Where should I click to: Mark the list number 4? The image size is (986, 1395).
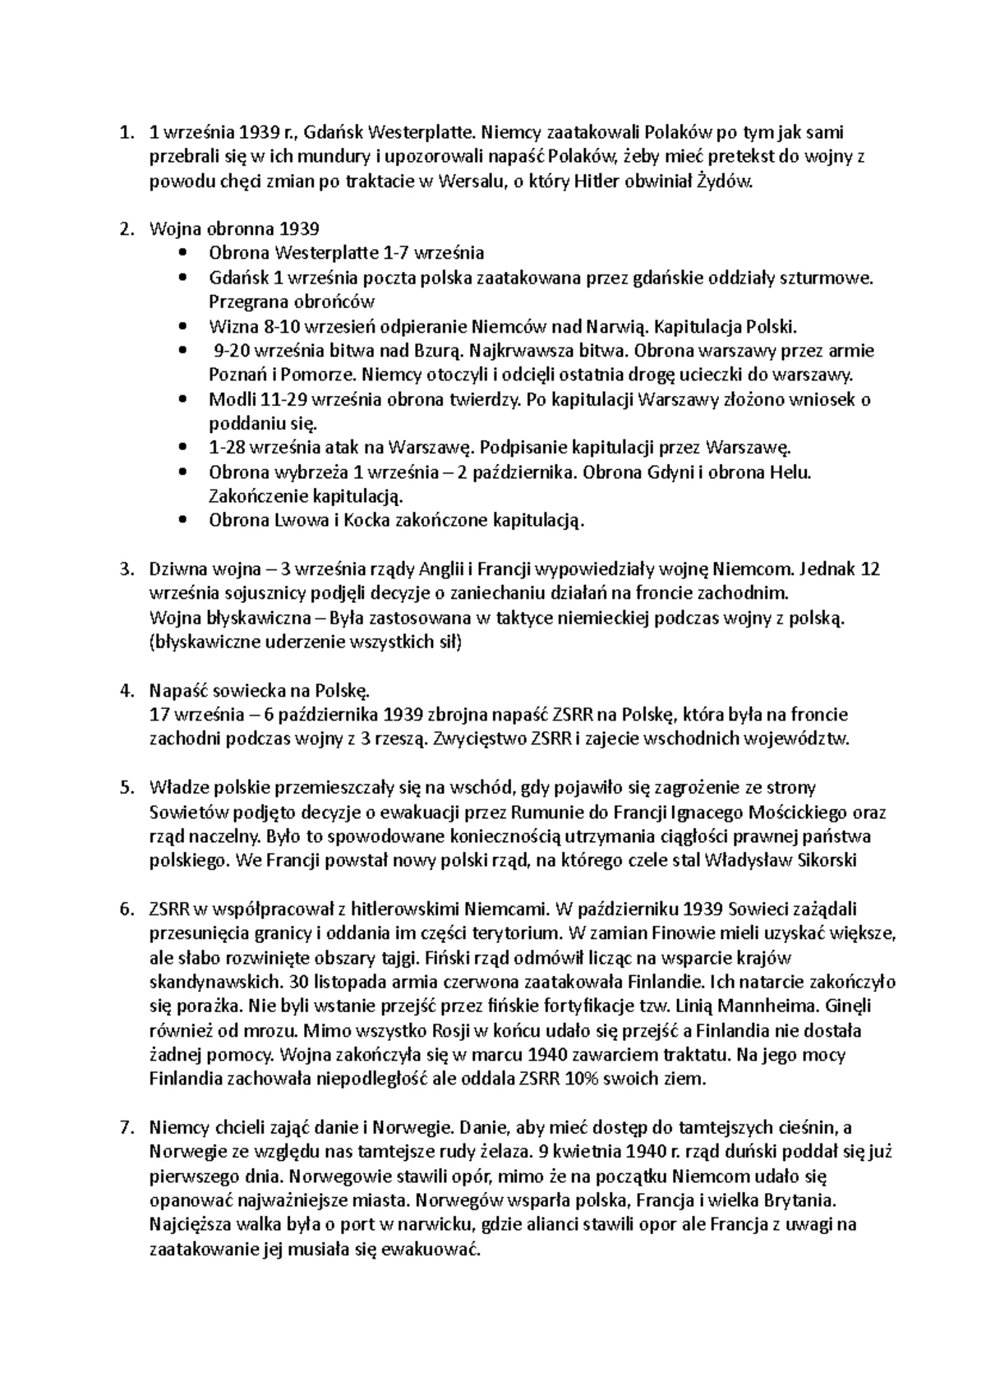coord(126,690)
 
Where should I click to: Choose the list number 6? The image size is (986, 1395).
coord(126,909)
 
